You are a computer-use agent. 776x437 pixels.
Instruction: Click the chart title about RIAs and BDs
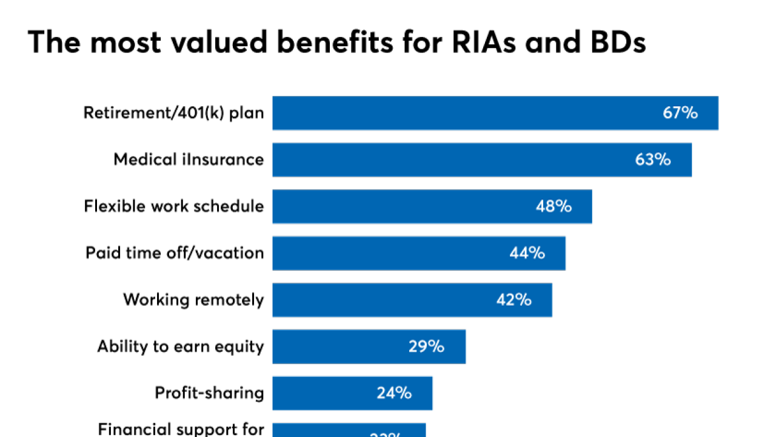(x=336, y=42)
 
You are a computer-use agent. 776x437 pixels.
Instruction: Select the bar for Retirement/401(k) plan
(x=461, y=113)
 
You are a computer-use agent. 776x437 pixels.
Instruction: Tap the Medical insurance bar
(x=449, y=160)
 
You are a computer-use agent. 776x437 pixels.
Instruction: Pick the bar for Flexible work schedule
(x=400, y=206)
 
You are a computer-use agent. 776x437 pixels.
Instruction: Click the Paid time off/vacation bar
(x=388, y=253)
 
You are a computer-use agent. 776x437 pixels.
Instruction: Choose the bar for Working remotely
(x=382, y=300)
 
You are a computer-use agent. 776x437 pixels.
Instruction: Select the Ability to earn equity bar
(x=339, y=347)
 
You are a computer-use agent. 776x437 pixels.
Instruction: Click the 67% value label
(x=680, y=113)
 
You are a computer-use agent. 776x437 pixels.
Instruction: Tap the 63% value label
(x=653, y=160)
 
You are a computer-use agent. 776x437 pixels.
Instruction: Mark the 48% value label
(x=554, y=206)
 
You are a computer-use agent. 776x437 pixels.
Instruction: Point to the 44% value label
(x=527, y=253)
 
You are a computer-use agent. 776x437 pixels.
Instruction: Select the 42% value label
(x=513, y=300)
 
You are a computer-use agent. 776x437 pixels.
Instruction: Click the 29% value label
(x=426, y=347)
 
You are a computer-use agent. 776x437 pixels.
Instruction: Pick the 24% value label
(x=394, y=393)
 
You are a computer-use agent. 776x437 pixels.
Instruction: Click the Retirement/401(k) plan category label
(x=173, y=113)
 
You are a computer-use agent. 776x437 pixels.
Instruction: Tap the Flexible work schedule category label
(x=173, y=206)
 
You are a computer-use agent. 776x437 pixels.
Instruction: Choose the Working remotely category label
(x=193, y=300)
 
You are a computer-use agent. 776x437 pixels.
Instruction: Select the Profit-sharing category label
(x=209, y=393)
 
